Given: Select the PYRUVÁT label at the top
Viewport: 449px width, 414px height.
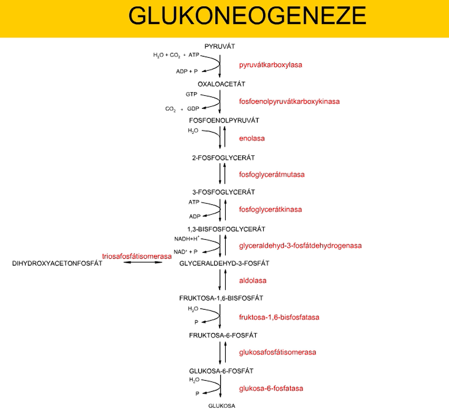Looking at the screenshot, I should [x=220, y=47].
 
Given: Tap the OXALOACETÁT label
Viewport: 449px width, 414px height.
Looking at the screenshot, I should [x=222, y=84].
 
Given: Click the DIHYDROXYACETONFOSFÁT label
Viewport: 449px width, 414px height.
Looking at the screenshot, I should [x=57, y=263].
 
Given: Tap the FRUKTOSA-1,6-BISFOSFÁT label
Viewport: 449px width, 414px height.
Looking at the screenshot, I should [x=221, y=298].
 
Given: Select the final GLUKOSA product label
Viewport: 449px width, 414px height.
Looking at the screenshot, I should [x=222, y=406].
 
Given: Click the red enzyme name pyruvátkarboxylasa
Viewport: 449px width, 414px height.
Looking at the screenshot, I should [x=271, y=65].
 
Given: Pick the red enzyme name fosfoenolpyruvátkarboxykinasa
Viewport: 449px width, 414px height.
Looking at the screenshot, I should [x=289, y=101].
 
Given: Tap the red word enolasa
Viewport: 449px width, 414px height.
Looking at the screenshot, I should [x=252, y=138].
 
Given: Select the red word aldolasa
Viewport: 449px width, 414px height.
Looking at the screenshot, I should [x=253, y=280].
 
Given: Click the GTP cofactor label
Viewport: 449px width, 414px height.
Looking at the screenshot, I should [x=191, y=94].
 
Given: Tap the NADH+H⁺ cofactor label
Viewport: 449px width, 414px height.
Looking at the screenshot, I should [x=186, y=238].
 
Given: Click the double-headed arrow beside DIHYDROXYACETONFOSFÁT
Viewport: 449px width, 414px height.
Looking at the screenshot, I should [x=143, y=262].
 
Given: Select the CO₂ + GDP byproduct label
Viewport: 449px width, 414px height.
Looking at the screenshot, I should [x=182, y=109].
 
